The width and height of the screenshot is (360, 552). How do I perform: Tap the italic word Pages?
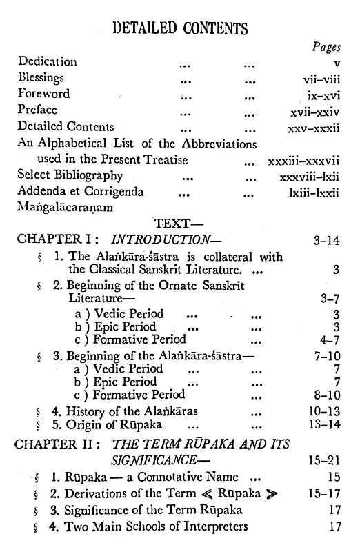tap(326, 47)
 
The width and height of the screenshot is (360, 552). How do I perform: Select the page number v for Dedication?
tap(336, 62)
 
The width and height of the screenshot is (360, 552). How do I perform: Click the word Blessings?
tap(41, 78)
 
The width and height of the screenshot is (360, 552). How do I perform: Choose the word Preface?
tap(38, 110)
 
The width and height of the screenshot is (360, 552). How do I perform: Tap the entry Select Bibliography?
tap(70, 175)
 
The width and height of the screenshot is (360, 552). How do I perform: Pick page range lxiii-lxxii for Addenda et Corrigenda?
tap(314, 193)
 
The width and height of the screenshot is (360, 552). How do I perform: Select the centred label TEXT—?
tap(179, 224)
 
